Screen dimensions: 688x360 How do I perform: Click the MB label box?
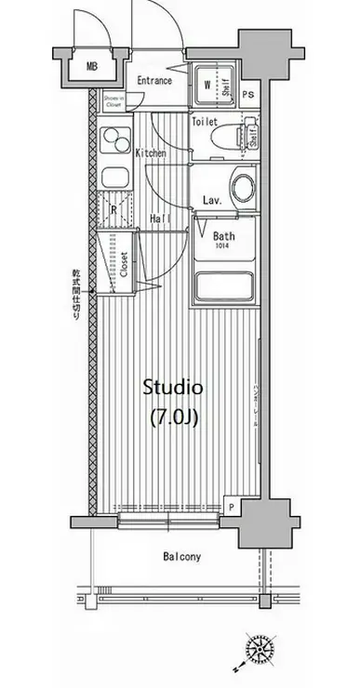click(92, 66)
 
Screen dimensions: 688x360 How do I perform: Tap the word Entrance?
click(154, 81)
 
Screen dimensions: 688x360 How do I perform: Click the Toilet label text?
click(205, 122)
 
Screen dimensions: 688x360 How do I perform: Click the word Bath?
click(223, 236)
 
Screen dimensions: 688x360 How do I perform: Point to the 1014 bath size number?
click(223, 247)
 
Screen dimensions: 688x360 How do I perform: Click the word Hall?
click(159, 219)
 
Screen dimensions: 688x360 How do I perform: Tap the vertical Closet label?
click(123, 265)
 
